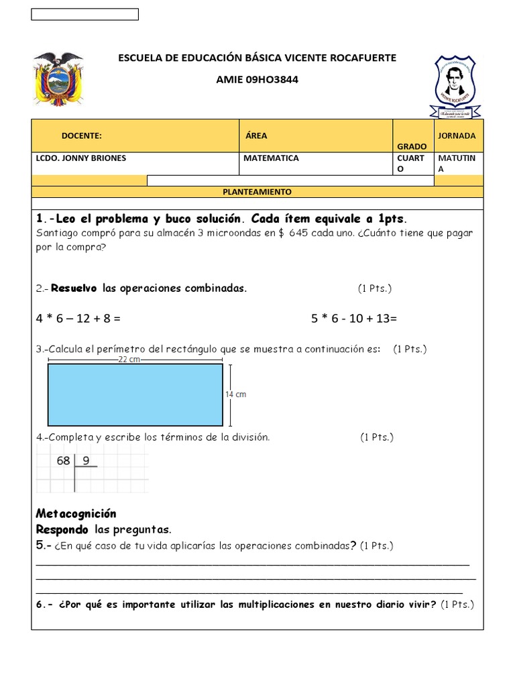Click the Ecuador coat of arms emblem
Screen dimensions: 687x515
tap(58, 78)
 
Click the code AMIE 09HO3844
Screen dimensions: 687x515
tap(257, 80)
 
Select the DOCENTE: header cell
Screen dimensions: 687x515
tap(81, 136)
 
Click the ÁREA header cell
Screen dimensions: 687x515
tap(256, 136)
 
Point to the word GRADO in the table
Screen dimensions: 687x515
tap(411, 146)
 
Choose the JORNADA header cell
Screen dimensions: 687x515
tap(457, 136)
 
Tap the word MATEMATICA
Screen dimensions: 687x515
tap(272, 158)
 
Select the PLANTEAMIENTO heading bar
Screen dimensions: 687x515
tap(257, 192)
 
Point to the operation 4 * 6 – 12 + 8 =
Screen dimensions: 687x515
tap(78, 319)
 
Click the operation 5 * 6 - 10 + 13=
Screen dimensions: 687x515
tap(354, 319)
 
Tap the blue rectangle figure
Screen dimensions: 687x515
tap(135, 394)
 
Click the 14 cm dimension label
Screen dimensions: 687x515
tap(235, 394)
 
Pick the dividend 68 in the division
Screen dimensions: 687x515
tap(64, 461)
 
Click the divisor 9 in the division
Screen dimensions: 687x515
tap(86, 461)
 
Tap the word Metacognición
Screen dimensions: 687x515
tap(76, 514)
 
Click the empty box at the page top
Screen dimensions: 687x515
tap(84, 14)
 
